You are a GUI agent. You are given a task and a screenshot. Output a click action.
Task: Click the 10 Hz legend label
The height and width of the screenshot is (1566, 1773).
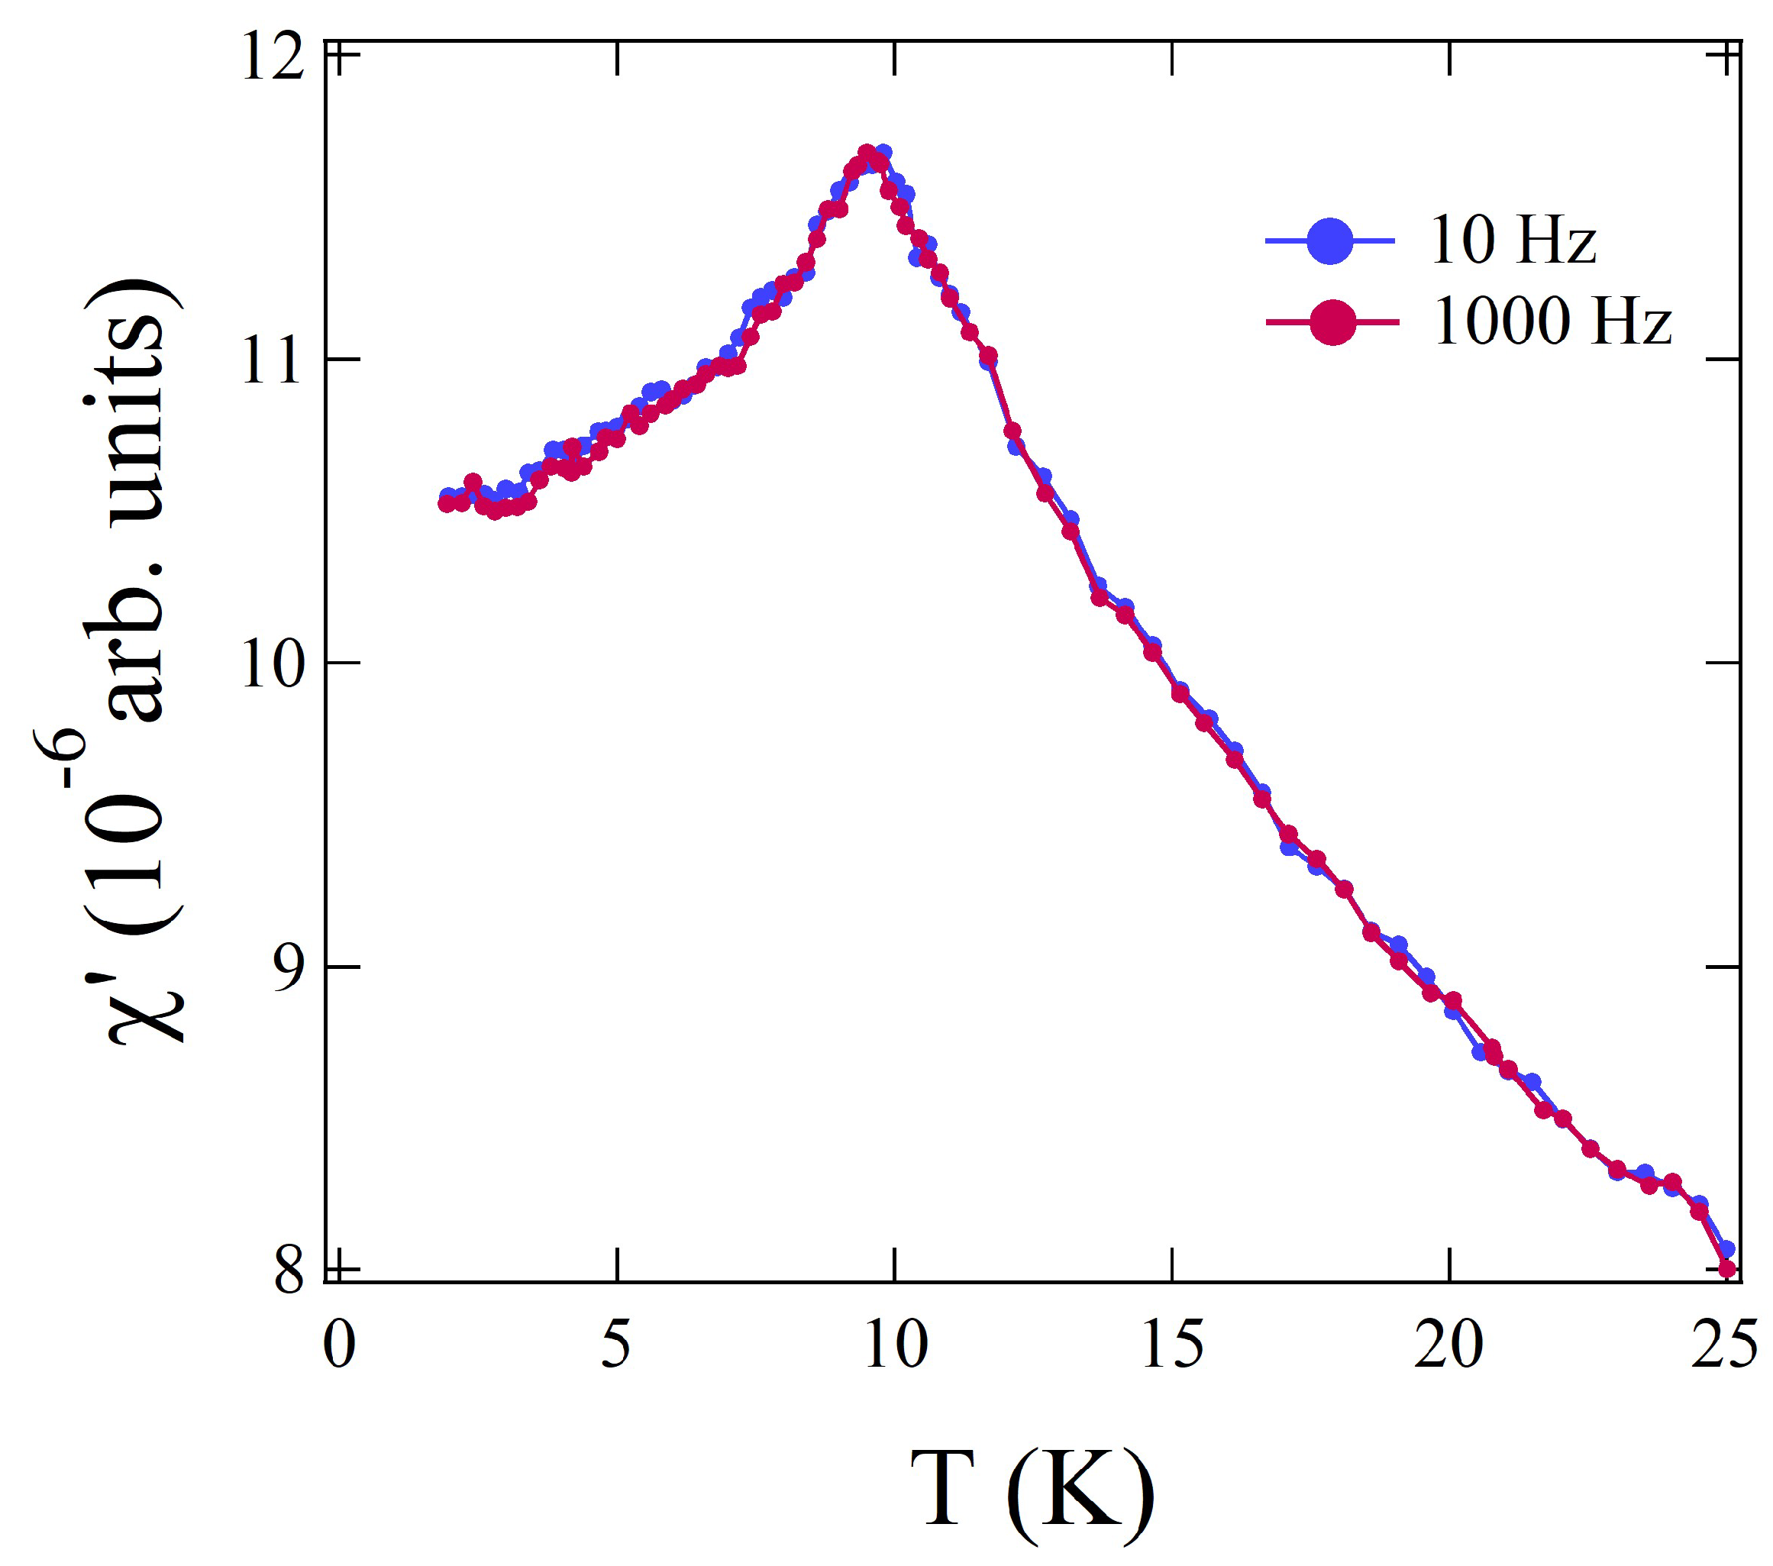[x=1512, y=241]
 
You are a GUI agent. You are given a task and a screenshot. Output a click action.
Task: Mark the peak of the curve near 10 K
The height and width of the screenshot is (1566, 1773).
[x=867, y=153]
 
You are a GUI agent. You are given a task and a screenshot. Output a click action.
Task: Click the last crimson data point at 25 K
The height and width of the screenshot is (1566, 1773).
[x=1727, y=1269]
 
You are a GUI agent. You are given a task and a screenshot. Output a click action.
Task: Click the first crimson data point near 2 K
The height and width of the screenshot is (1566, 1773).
[x=447, y=503]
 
